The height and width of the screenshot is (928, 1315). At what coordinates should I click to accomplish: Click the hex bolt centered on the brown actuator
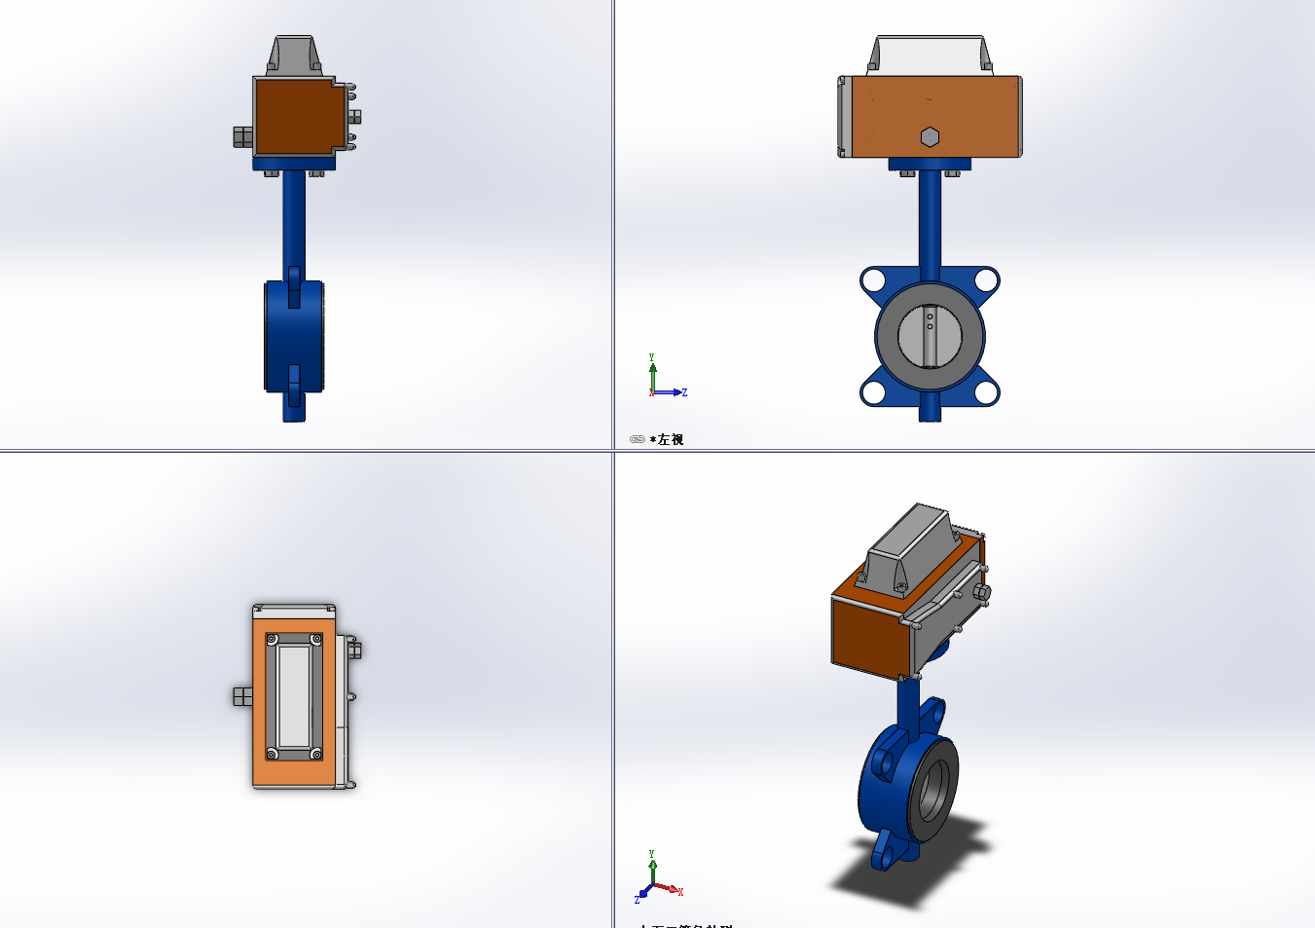click(930, 136)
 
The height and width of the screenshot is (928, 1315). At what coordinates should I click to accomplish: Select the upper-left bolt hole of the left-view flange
click(873, 280)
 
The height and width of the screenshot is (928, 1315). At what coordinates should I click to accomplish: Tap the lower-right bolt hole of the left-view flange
click(986, 392)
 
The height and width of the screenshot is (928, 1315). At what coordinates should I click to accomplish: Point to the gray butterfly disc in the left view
click(930, 336)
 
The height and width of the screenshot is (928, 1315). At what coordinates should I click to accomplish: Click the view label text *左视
click(670, 440)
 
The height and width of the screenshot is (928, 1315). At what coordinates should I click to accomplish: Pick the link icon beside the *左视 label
click(638, 440)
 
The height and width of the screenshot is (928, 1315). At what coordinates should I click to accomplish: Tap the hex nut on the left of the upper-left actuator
click(242, 136)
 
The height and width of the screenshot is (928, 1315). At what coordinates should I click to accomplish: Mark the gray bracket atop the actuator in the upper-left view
click(293, 56)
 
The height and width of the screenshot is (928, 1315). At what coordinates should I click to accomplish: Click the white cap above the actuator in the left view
click(930, 55)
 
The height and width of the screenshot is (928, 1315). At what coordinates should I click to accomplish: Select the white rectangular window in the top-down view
click(294, 695)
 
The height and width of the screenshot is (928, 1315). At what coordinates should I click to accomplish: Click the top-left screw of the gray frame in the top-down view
click(272, 640)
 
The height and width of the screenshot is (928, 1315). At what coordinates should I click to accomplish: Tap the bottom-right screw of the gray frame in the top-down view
click(316, 754)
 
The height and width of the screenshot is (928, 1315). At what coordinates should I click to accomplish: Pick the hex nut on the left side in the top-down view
click(242, 695)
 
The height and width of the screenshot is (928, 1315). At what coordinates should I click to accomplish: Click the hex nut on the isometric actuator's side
click(981, 592)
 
